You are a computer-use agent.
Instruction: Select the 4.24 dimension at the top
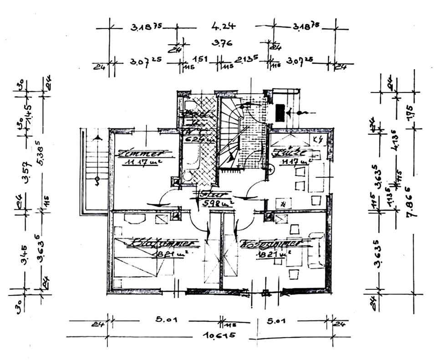[221, 26]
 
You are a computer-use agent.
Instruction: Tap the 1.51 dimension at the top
[201, 59]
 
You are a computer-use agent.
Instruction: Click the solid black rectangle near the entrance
[280, 112]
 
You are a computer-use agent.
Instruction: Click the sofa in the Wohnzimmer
[315, 250]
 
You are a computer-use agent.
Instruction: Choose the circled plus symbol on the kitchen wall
[270, 171]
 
